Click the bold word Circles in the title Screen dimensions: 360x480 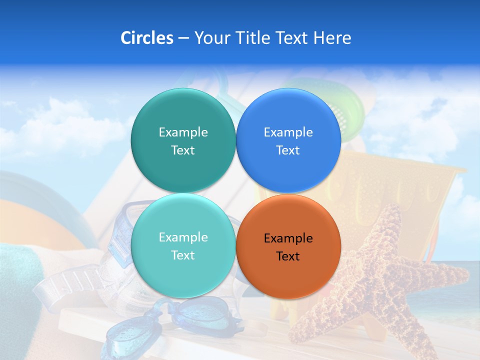[147, 38]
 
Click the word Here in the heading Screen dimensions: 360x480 [332, 38]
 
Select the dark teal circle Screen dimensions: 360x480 [183, 140]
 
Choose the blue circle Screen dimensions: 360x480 [288, 140]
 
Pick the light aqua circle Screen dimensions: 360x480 [183, 245]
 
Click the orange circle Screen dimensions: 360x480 [288, 246]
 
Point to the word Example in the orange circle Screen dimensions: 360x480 [288, 238]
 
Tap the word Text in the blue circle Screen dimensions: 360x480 [288, 150]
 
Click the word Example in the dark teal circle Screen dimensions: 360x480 [183, 132]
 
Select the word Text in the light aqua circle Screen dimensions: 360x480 [183, 255]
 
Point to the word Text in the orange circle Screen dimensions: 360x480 [288, 256]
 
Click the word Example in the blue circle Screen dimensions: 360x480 [288, 132]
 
